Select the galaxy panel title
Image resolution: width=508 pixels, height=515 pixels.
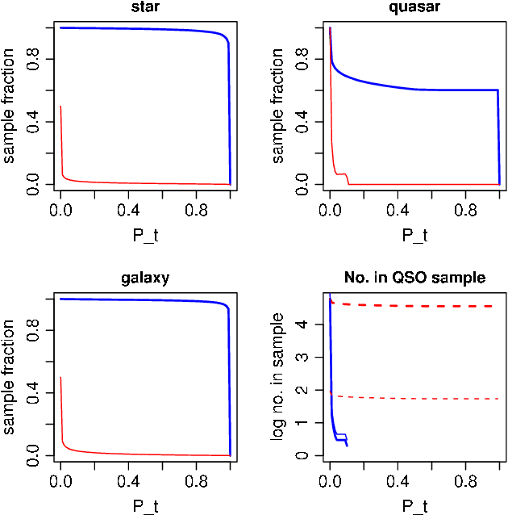(x=145, y=278)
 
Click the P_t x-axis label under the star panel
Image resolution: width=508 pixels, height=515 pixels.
(x=145, y=235)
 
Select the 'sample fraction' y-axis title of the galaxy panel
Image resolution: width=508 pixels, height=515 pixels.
(x=10, y=375)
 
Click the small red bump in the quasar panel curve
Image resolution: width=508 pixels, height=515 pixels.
(x=344, y=174)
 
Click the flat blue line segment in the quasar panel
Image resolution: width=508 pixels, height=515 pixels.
(x=456, y=90)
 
